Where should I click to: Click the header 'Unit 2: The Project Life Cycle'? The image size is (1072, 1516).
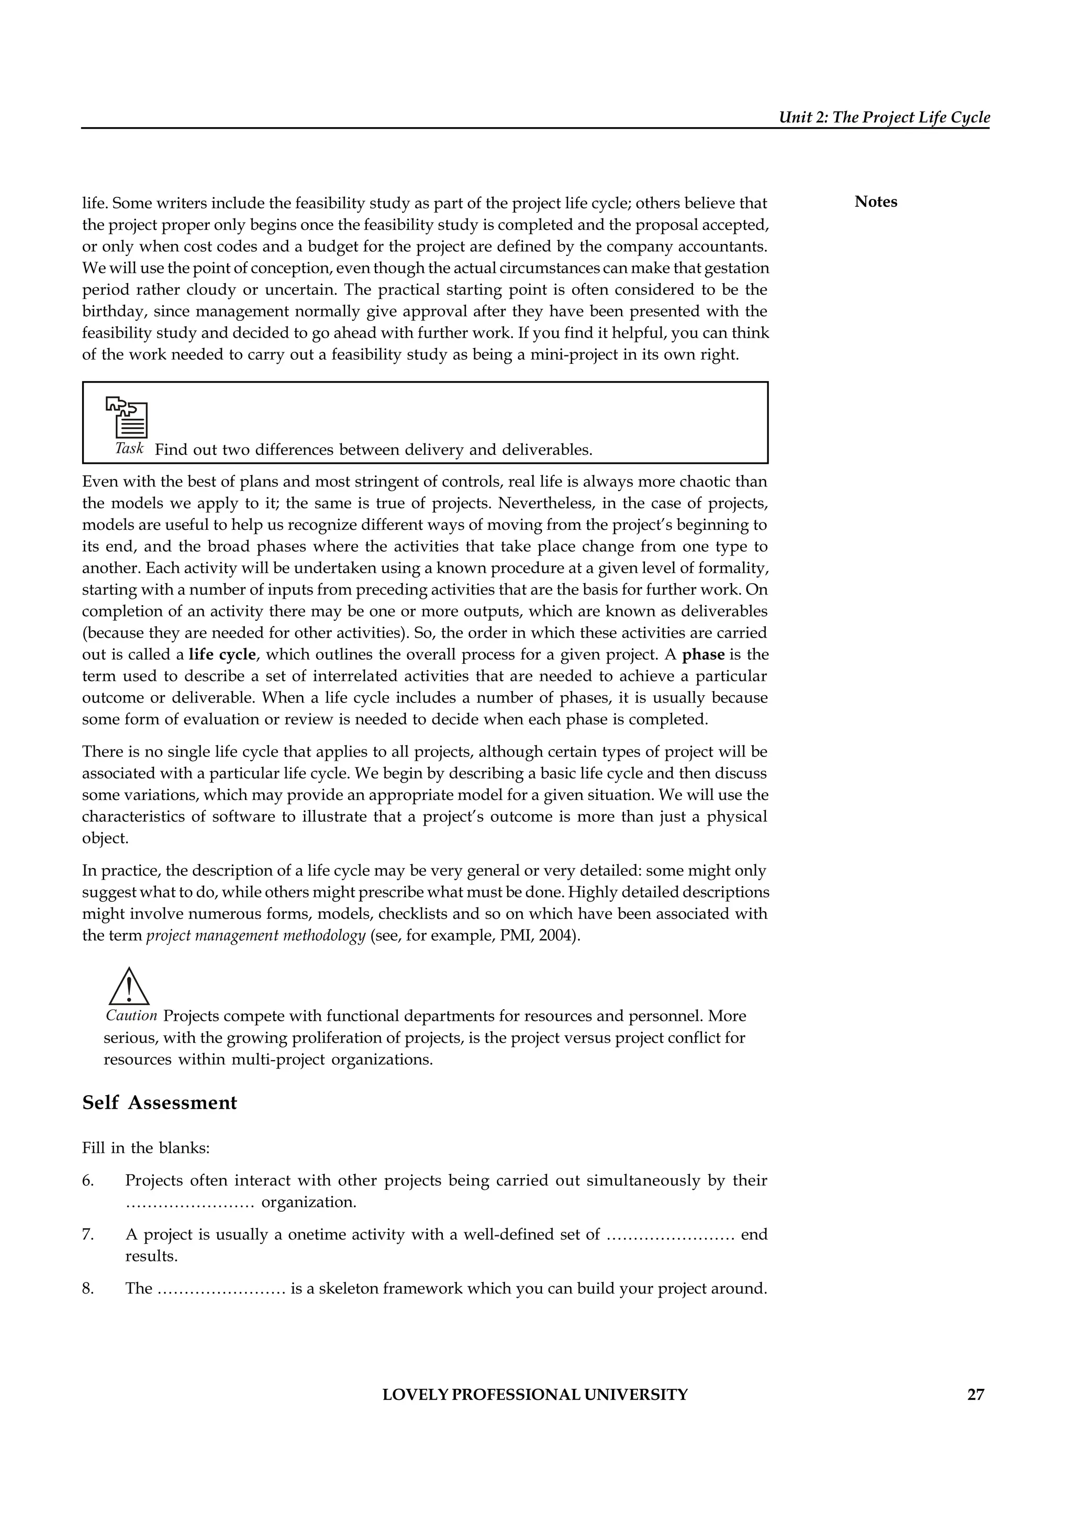[884, 118]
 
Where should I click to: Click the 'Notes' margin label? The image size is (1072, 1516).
[875, 202]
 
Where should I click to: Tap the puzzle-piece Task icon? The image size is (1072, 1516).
[127, 417]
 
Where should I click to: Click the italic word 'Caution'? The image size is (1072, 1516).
[131, 1016]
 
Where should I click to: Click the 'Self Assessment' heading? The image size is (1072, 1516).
[159, 1102]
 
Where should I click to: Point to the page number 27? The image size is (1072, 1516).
[975, 1395]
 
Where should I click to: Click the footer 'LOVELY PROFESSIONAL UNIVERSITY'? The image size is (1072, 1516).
[534, 1395]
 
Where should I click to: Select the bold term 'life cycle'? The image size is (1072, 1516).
[222, 655]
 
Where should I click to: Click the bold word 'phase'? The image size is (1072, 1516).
[703, 655]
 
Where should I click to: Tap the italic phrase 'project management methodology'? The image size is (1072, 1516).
[255, 937]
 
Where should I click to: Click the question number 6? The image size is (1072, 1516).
[88, 1180]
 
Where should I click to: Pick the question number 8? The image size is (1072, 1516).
[88, 1288]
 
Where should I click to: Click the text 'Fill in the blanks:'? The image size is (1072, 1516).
[146, 1148]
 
